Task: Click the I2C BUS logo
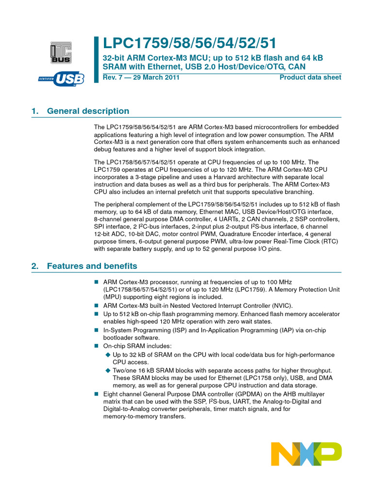pyautogui.click(x=60, y=52)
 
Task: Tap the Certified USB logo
pyautogui.click(x=61, y=78)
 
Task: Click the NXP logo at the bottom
pyautogui.click(x=306, y=454)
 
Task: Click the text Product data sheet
pyautogui.click(x=310, y=78)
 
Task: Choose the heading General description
pyautogui.click(x=88, y=111)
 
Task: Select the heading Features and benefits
pyautogui.click(x=92, y=266)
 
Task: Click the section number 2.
pyautogui.click(x=34, y=266)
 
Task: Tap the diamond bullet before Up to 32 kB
pyautogui.click(x=108, y=355)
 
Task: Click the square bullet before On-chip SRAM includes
pyautogui.click(x=96, y=346)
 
